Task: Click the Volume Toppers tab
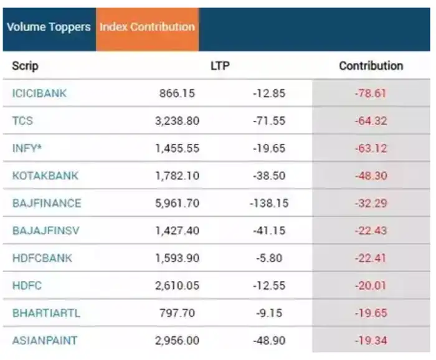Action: pyautogui.click(x=49, y=27)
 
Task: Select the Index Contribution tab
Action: pyautogui.click(x=148, y=27)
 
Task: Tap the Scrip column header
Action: pyautogui.click(x=25, y=66)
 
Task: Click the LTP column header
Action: pyautogui.click(x=220, y=66)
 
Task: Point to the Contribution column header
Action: pyautogui.click(x=371, y=66)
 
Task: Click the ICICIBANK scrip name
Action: pyautogui.click(x=39, y=93)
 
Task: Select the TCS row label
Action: pyautogui.click(x=22, y=121)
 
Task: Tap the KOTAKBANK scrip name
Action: pyautogui.click(x=45, y=176)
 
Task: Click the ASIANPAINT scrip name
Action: pyautogui.click(x=45, y=340)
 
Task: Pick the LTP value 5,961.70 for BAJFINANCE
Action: pyautogui.click(x=177, y=203)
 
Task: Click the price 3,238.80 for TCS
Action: pyautogui.click(x=177, y=121)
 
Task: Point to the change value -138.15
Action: pyautogui.click(x=268, y=203)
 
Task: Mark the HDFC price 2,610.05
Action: pyautogui.click(x=177, y=285)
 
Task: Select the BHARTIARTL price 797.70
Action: pyautogui.click(x=177, y=313)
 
